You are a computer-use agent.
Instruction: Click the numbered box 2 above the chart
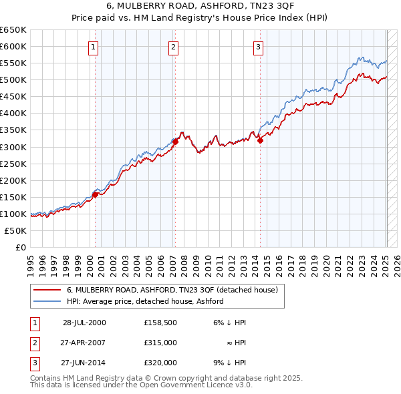point(173,47)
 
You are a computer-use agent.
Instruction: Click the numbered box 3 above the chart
point(258,47)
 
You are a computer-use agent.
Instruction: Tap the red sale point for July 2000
point(96,194)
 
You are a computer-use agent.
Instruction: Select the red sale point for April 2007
point(175,142)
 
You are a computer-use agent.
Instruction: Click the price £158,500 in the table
point(160,323)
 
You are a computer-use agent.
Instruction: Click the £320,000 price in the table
point(160,363)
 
